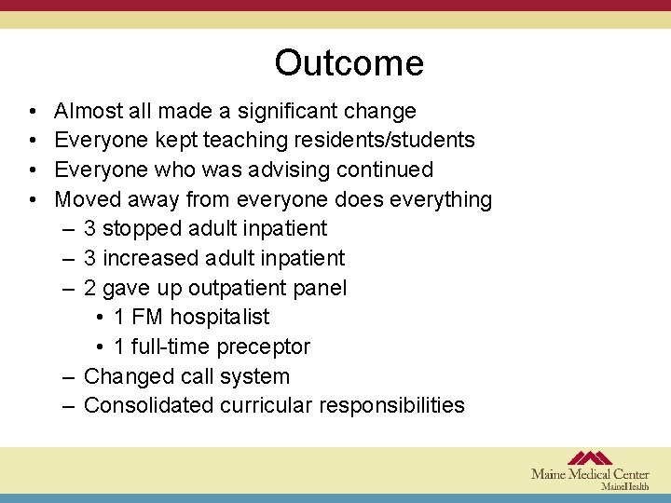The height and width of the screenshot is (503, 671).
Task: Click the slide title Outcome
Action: (349, 63)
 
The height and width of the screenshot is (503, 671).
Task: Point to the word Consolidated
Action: (148, 406)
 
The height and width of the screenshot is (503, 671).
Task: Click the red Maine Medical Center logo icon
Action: (590, 457)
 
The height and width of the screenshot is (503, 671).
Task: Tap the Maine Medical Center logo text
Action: (590, 474)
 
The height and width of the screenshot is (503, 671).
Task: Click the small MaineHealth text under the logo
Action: (625, 486)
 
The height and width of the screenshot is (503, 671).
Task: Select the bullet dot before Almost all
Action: (32, 113)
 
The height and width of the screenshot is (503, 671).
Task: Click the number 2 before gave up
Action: (90, 289)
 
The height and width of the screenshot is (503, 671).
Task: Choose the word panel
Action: (320, 288)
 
